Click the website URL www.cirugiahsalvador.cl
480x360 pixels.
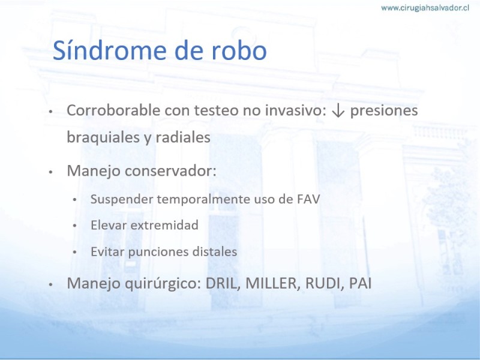tap(425, 8)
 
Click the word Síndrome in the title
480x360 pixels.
tap(110, 50)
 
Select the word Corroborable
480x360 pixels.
tap(114, 110)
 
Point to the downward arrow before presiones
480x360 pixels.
tap(338, 110)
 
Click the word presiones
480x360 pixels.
tap(384, 111)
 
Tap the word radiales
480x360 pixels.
tap(183, 137)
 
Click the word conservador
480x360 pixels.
tap(170, 171)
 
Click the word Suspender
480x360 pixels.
tap(122, 200)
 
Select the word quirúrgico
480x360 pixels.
tap(163, 284)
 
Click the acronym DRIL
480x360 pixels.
tap(221, 283)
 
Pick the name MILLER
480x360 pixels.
tap(271, 283)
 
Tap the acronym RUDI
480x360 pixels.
tap(323, 283)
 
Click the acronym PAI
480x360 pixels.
tap(361, 283)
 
